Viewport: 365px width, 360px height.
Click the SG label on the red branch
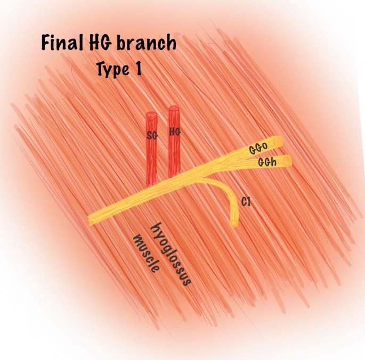point(152,135)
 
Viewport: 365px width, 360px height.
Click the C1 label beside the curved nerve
point(246,202)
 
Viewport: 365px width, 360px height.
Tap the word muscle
point(146,253)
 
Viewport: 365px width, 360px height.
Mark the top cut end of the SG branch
point(151,115)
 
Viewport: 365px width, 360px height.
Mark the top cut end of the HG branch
point(173,110)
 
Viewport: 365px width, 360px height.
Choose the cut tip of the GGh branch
point(288,160)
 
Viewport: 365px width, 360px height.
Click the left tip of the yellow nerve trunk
point(91,219)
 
